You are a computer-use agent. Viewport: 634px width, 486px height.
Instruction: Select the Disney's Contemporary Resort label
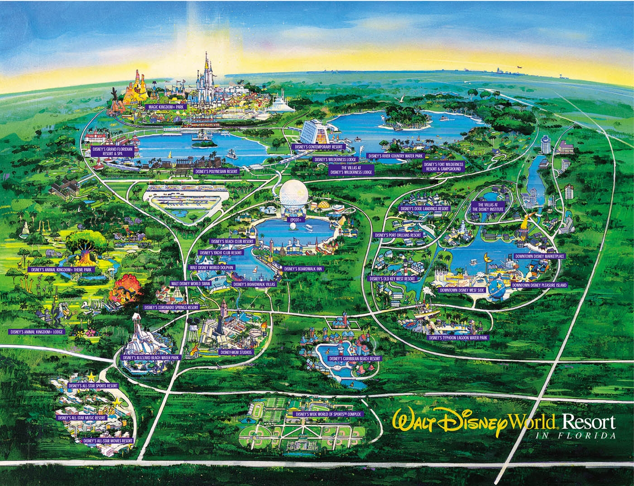[318, 147]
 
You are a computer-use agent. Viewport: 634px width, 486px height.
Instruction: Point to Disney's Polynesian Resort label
[216, 172]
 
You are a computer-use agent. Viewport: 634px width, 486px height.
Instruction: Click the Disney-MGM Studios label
[236, 351]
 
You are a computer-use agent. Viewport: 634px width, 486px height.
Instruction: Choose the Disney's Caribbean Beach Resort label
[355, 358]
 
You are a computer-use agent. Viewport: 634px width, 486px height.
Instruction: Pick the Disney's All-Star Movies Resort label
[108, 440]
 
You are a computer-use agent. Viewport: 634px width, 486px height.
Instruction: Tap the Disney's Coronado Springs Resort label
[172, 307]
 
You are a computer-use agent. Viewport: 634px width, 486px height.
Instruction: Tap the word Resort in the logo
[588, 422]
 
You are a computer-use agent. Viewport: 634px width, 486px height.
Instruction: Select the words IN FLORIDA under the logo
[575, 436]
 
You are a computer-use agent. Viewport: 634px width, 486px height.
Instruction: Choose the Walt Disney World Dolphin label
[212, 268]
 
